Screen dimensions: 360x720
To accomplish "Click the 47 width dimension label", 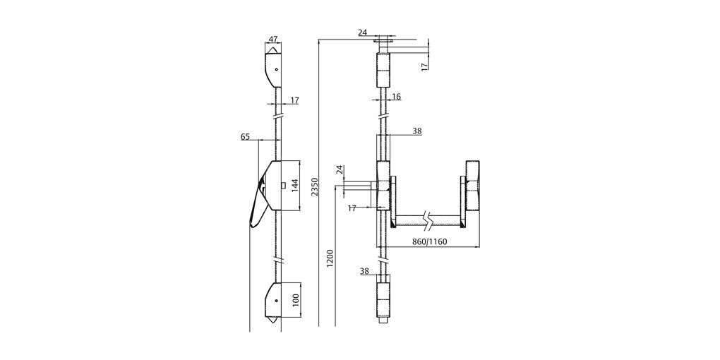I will (274, 40).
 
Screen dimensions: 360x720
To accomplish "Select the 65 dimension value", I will (245, 137).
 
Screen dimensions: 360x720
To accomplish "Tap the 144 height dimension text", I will (296, 186).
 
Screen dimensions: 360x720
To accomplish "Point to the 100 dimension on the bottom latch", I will (295, 299).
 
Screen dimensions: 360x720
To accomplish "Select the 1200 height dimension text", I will (330, 259).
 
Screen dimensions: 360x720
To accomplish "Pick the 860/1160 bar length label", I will (429, 242).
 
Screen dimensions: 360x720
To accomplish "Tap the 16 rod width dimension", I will (396, 97).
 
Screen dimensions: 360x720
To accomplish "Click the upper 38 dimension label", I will (416, 131).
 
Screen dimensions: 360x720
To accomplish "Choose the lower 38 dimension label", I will (364, 271).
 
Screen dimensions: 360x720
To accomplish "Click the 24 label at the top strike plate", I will (362, 32).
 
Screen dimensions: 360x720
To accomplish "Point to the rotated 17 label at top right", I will (424, 66).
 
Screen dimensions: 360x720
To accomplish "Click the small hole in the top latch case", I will (276, 70).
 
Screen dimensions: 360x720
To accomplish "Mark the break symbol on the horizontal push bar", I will (426, 219).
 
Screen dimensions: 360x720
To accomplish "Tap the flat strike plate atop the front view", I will (385, 40).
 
